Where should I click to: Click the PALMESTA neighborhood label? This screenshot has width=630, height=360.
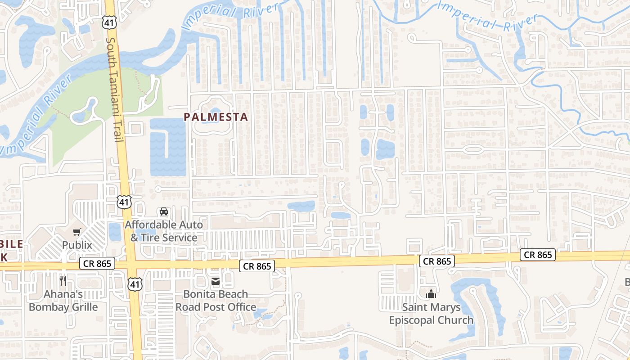click(216, 117)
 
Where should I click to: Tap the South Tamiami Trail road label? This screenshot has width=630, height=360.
click(114, 90)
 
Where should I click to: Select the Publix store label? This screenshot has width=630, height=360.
click(77, 245)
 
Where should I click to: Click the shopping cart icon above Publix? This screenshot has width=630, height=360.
click(77, 232)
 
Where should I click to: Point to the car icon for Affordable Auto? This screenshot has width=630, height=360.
click(164, 211)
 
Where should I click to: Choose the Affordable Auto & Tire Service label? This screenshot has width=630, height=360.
click(164, 231)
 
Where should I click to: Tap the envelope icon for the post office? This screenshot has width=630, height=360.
click(216, 281)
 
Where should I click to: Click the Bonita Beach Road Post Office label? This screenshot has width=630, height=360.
click(216, 301)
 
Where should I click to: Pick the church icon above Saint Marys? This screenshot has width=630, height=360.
click(431, 294)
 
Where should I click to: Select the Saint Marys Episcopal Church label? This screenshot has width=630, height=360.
click(431, 314)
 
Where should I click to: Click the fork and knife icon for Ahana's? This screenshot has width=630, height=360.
click(63, 281)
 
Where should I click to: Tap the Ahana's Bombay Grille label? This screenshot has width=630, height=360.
click(63, 301)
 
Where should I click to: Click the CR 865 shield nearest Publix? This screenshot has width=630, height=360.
click(97, 263)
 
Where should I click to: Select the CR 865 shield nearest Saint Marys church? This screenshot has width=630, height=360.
click(437, 261)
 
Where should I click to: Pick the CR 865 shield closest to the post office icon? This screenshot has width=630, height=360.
click(257, 266)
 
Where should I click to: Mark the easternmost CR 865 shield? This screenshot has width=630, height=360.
click(538, 255)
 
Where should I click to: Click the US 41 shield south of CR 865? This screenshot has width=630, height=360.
click(135, 284)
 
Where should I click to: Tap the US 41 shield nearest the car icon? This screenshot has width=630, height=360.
click(125, 202)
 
